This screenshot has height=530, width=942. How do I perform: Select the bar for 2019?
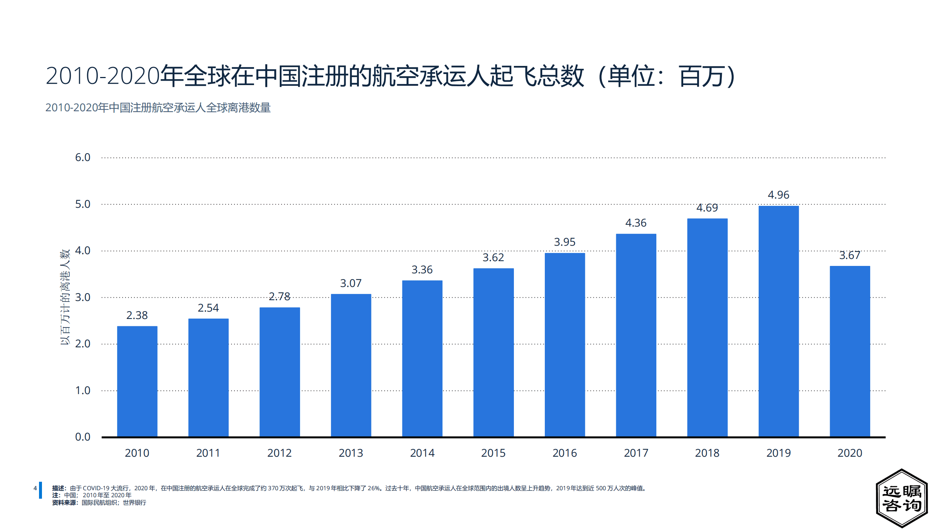click(778, 321)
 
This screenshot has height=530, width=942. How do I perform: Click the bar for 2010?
click(137, 381)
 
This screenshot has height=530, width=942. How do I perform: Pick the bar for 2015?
click(493, 352)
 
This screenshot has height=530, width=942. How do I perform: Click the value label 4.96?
click(778, 195)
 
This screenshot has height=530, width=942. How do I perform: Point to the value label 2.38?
click(137, 315)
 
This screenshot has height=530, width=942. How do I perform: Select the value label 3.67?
click(850, 255)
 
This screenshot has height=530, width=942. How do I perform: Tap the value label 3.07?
click(350, 283)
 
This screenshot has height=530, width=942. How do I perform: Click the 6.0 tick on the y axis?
click(82, 158)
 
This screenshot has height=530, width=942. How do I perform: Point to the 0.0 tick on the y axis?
click(82, 437)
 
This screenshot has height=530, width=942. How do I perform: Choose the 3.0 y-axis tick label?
click(82, 297)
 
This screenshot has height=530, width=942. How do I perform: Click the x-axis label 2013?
click(350, 453)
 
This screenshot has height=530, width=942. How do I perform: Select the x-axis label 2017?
click(636, 453)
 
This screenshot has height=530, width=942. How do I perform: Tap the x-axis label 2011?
click(208, 453)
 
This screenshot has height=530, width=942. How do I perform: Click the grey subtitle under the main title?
click(158, 108)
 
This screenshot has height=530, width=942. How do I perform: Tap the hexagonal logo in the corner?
click(902, 498)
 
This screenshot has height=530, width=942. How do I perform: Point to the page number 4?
click(35, 488)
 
